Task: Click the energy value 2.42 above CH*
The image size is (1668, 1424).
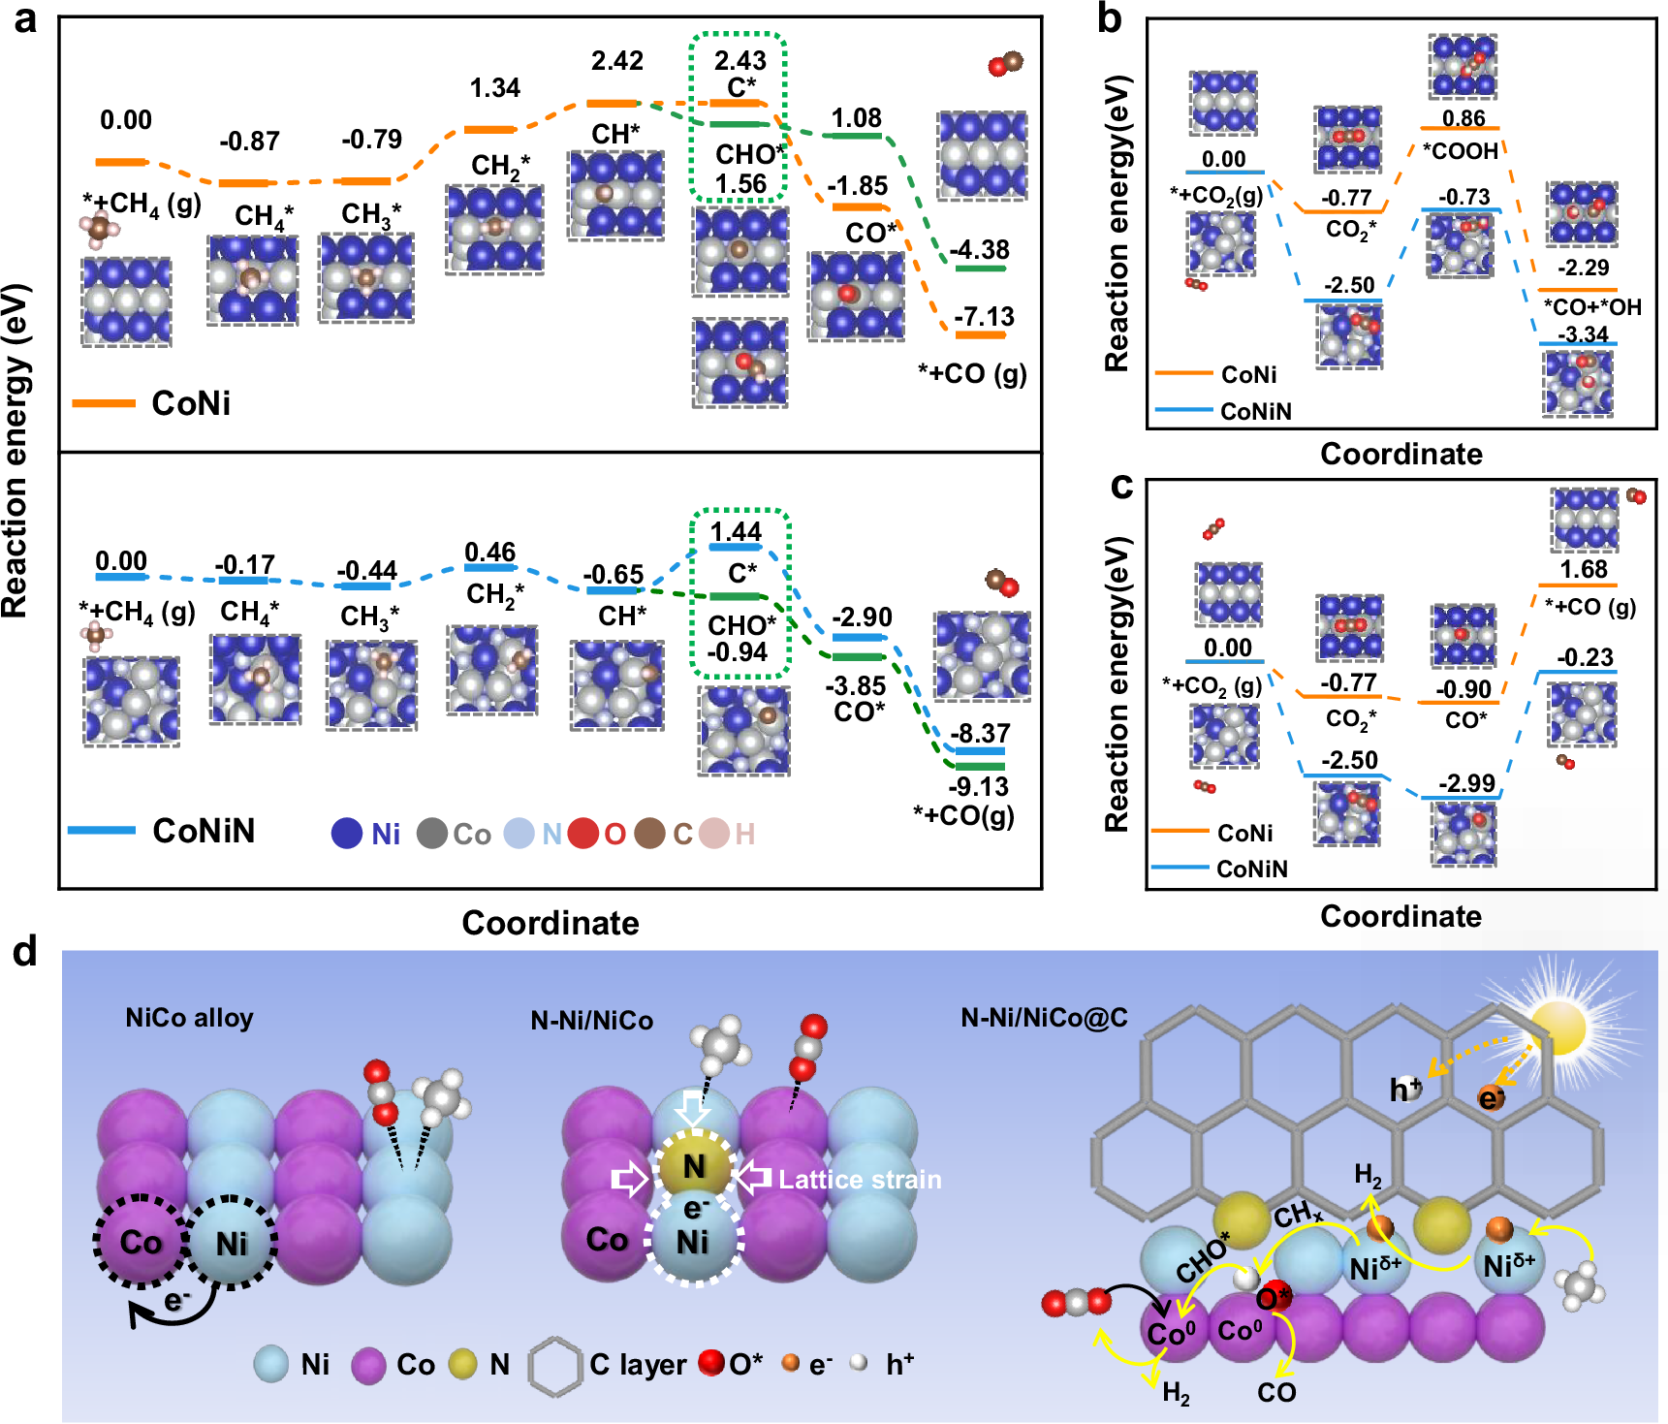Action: pyautogui.click(x=616, y=61)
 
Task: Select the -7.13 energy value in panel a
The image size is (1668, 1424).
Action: pyautogui.click(x=984, y=317)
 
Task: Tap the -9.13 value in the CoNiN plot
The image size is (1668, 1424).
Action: pyautogui.click(x=978, y=786)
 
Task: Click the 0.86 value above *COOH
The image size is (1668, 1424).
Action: pyautogui.click(x=1463, y=118)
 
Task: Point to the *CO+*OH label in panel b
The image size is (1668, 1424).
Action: pyautogui.click(x=1592, y=307)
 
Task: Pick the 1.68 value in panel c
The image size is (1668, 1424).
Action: pyautogui.click(x=1584, y=569)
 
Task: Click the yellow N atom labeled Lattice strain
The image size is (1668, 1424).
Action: pyautogui.click(x=694, y=1166)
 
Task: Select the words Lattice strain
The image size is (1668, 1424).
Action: pyautogui.click(x=860, y=1180)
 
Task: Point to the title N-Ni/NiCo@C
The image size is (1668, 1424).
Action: pyautogui.click(x=1044, y=1018)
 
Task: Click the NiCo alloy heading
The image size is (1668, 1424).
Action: pyautogui.click(x=189, y=1018)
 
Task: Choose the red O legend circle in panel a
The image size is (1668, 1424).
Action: pyautogui.click(x=583, y=834)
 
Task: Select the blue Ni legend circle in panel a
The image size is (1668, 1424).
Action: pyautogui.click(x=347, y=834)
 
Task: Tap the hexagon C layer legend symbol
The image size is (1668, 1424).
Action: pyautogui.click(x=554, y=1366)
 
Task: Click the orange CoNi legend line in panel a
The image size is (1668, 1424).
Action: pyautogui.click(x=104, y=402)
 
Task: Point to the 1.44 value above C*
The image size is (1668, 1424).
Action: pyautogui.click(x=736, y=532)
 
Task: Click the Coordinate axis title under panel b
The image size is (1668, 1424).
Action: pyautogui.click(x=1400, y=454)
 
